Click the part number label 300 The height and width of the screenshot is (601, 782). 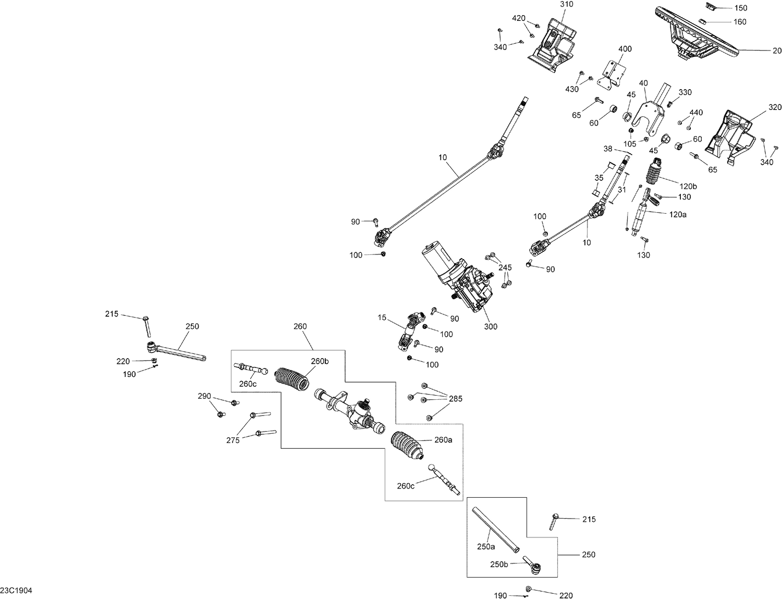point(491,327)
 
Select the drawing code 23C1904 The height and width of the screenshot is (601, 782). point(16,591)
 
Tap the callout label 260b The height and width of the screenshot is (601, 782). point(320,361)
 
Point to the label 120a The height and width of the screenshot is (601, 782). point(678,214)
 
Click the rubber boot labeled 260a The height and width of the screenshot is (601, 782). point(407,445)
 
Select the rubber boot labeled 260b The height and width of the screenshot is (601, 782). point(292,379)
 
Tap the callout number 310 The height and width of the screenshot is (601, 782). point(567,4)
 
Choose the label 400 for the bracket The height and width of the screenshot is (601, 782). point(625,49)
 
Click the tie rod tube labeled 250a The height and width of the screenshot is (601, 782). point(496,530)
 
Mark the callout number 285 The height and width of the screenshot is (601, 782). point(455,399)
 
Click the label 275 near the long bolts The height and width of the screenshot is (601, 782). point(233,440)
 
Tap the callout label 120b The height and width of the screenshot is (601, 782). point(688,186)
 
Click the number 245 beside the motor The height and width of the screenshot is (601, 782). point(505,267)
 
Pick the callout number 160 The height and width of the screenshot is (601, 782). point(740,22)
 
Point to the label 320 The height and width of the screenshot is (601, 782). point(775,107)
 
